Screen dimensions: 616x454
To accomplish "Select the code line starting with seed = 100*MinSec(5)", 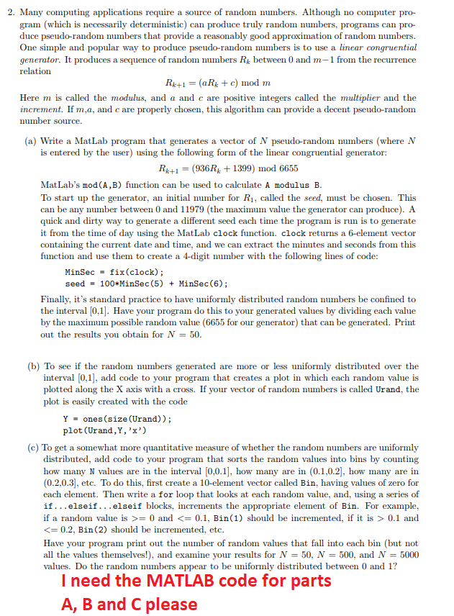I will click(x=147, y=283).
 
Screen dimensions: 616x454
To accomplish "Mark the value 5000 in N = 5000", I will click(x=407, y=554).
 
